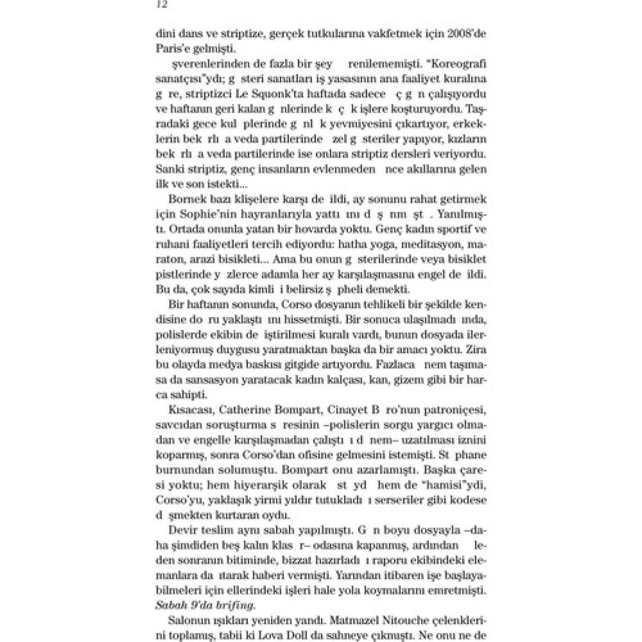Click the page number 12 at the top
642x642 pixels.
(x=161, y=4)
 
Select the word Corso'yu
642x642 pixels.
(x=174, y=500)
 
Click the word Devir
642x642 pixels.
(x=181, y=530)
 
